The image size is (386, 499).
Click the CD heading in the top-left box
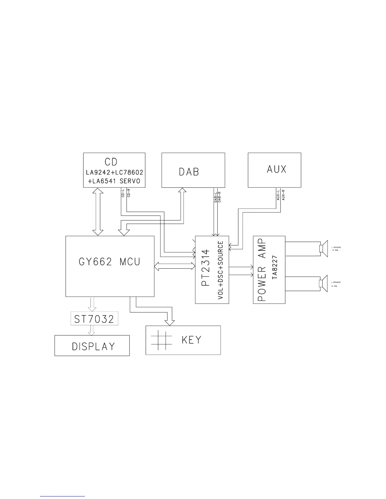point(111,162)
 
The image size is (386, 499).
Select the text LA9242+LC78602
point(114,173)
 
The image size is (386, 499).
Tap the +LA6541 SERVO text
point(114,181)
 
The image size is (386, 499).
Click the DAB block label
point(189,172)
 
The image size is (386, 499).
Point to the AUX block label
point(277,169)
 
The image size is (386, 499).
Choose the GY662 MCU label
point(109,262)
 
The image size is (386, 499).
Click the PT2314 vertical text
point(205,267)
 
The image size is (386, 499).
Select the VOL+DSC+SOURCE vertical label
point(221,270)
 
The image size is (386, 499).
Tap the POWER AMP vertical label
point(262,270)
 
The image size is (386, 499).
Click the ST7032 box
point(94,319)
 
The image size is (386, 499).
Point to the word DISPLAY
point(93,347)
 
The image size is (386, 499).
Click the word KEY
point(191,340)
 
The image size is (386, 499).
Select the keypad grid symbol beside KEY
point(161,340)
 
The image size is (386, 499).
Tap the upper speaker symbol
point(324,249)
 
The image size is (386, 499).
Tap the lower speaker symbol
point(324,284)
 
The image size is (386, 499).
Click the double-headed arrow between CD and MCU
point(97,212)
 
